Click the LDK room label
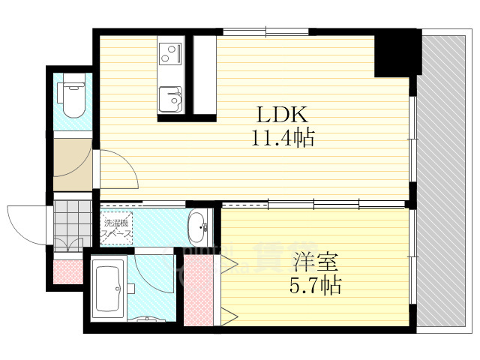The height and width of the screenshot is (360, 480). click(283, 115)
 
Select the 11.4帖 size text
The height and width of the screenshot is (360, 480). click(283, 137)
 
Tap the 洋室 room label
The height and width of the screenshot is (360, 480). click(315, 262)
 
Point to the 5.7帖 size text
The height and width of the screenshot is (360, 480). click(315, 285)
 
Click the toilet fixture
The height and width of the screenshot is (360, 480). click(73, 101)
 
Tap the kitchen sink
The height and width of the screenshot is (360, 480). click(171, 98)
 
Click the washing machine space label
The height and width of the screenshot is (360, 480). click(118, 226)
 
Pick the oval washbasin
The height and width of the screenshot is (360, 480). click(198, 227)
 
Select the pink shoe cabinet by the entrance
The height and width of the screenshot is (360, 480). click(67, 272)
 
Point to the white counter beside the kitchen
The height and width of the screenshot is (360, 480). click(204, 75)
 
